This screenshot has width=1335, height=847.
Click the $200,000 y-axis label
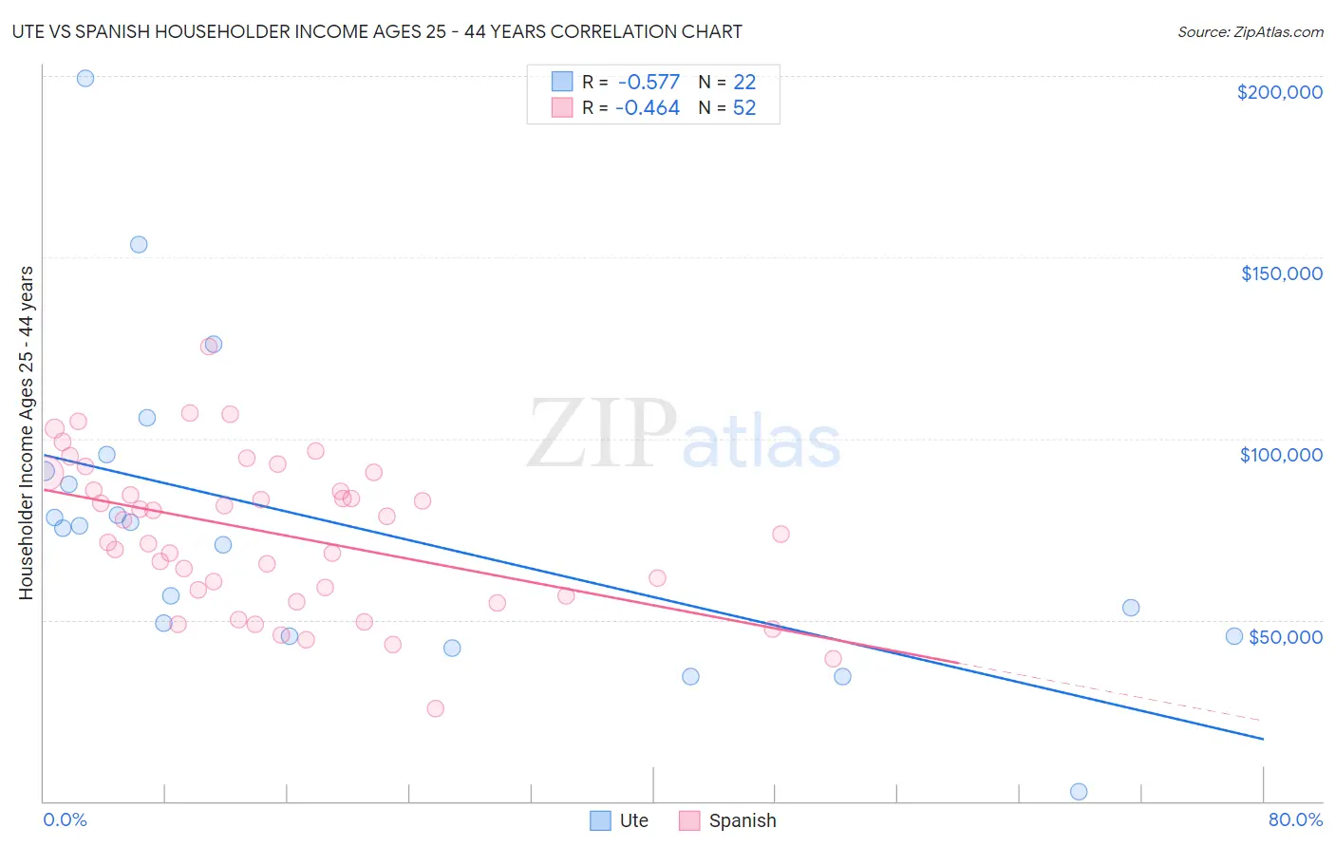[1279, 92]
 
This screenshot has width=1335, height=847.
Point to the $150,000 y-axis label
[1281, 273]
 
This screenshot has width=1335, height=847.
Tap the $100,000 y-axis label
[1281, 455]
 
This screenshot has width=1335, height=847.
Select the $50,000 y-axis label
[1285, 637]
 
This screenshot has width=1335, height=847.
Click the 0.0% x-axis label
[65, 819]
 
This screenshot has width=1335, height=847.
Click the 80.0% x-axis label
[1295, 819]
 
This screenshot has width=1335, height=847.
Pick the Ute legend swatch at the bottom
[600, 820]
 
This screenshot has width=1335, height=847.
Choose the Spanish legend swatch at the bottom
[689, 820]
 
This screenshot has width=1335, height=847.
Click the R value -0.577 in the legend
[649, 83]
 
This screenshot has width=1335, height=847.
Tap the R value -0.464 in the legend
[648, 108]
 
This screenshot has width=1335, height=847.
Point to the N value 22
[744, 83]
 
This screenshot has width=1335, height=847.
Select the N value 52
[744, 108]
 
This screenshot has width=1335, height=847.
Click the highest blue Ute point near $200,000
[85, 78]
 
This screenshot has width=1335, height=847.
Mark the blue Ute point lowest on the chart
[1079, 791]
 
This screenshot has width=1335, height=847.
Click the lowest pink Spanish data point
[436, 708]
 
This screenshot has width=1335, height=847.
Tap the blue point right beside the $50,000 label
[1234, 636]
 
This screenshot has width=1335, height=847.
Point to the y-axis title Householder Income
[26, 433]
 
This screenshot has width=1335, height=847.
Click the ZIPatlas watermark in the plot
[684, 435]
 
